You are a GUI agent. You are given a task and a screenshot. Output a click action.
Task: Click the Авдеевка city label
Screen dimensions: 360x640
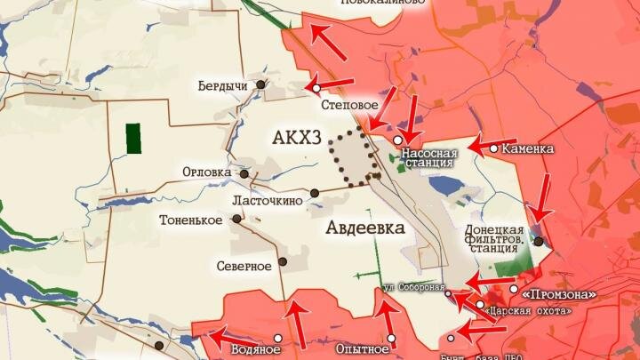(364, 228)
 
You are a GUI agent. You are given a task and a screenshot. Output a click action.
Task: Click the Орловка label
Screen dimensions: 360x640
(206, 172)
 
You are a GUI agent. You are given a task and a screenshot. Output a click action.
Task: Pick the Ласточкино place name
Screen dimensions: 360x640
(268, 201)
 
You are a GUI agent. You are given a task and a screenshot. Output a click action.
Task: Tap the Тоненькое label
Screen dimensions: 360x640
(190, 220)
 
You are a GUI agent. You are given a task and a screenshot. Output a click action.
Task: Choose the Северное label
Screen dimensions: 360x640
(244, 266)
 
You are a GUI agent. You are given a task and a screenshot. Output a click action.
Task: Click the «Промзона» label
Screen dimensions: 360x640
(558, 293)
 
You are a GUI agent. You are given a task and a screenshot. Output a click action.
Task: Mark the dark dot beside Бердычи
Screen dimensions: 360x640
(260, 84)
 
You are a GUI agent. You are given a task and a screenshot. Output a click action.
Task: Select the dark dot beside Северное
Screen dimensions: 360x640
(283, 261)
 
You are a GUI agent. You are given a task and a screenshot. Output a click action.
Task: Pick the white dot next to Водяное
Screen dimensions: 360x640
(278, 338)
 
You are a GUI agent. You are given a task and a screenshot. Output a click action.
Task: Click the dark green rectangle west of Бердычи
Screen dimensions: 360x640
(134, 139)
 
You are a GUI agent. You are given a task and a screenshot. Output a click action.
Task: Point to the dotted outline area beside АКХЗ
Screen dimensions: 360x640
(352, 157)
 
